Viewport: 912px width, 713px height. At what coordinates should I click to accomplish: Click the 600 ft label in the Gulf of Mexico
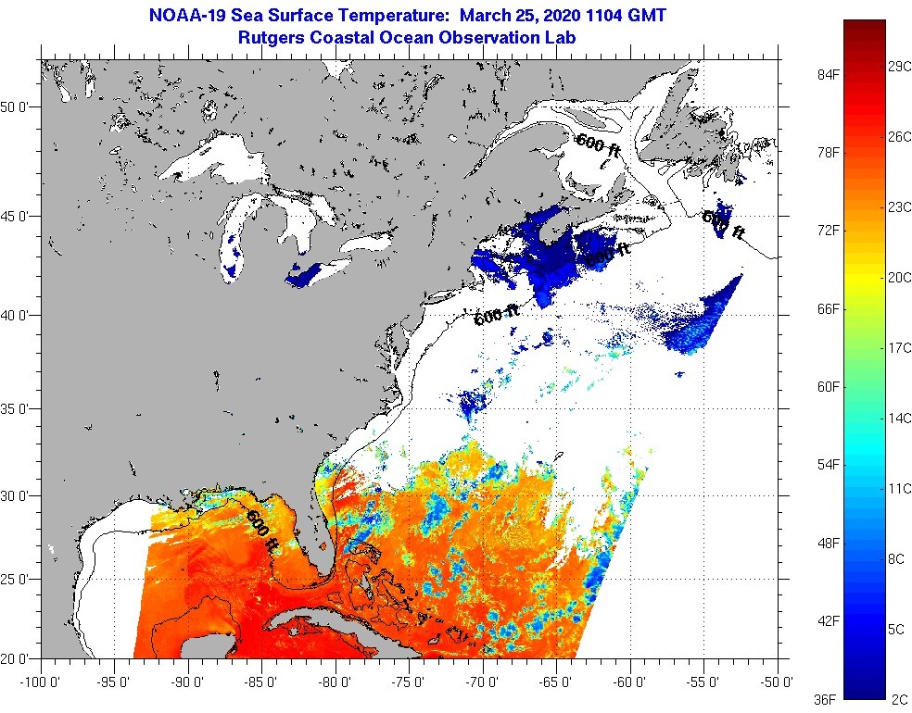click(261, 532)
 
